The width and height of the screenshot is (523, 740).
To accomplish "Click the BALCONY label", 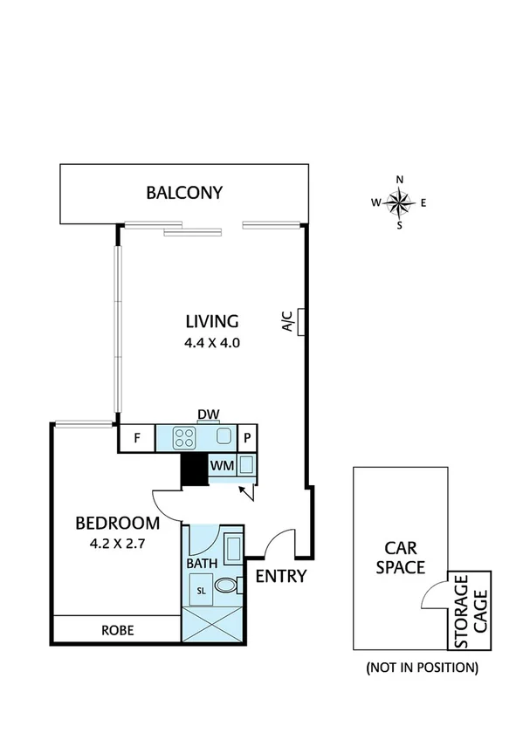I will coord(184,193).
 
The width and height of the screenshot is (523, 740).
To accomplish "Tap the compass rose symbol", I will coord(399,203).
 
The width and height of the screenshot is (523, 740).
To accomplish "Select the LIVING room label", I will coord(211,320).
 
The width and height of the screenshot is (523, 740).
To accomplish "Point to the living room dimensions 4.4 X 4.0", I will coord(211,343).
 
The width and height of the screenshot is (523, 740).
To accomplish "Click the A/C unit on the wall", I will coord(299,322).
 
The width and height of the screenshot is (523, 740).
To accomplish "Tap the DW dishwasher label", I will coord(208,415).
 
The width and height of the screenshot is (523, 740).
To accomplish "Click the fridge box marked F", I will coord(137,438).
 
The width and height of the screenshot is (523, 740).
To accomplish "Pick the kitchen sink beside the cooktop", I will coord(224,438).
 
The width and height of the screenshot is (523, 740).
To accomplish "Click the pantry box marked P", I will coord(247,438).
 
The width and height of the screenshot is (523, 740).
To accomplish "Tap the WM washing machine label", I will coord(221,466).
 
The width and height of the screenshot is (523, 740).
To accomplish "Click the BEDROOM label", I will coord(117,524).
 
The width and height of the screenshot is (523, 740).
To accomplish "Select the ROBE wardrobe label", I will coord(117,629).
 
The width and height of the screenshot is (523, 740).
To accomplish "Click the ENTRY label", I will coord(281,576).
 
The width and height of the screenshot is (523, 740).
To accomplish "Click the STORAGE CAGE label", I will coord(471,611).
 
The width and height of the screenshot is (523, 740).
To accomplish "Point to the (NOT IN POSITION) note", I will coord(423,668).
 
